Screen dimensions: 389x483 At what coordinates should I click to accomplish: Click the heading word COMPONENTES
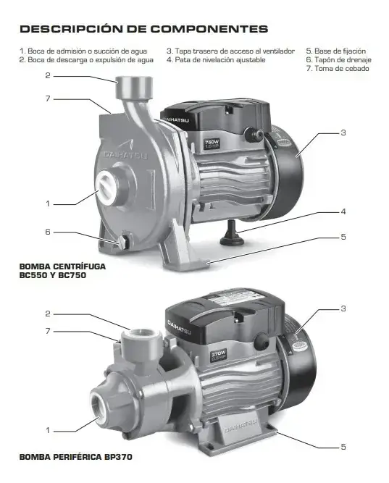coord(209,29)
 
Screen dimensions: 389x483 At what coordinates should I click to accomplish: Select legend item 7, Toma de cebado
coord(338,68)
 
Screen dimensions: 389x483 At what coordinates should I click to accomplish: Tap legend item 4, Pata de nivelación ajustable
coord(216,60)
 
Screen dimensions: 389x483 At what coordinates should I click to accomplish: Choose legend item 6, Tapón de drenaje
coord(339,60)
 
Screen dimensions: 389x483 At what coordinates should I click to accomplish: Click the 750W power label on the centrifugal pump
coord(212,143)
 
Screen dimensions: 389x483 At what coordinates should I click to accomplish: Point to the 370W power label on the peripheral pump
coord(219,355)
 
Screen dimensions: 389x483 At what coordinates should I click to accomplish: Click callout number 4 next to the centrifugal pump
coord(343,211)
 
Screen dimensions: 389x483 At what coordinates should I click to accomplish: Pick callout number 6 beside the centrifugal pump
coord(48,232)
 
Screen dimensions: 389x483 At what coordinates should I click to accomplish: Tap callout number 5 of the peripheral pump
coord(343,447)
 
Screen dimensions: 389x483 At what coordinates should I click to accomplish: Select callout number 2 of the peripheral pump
coord(48,314)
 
